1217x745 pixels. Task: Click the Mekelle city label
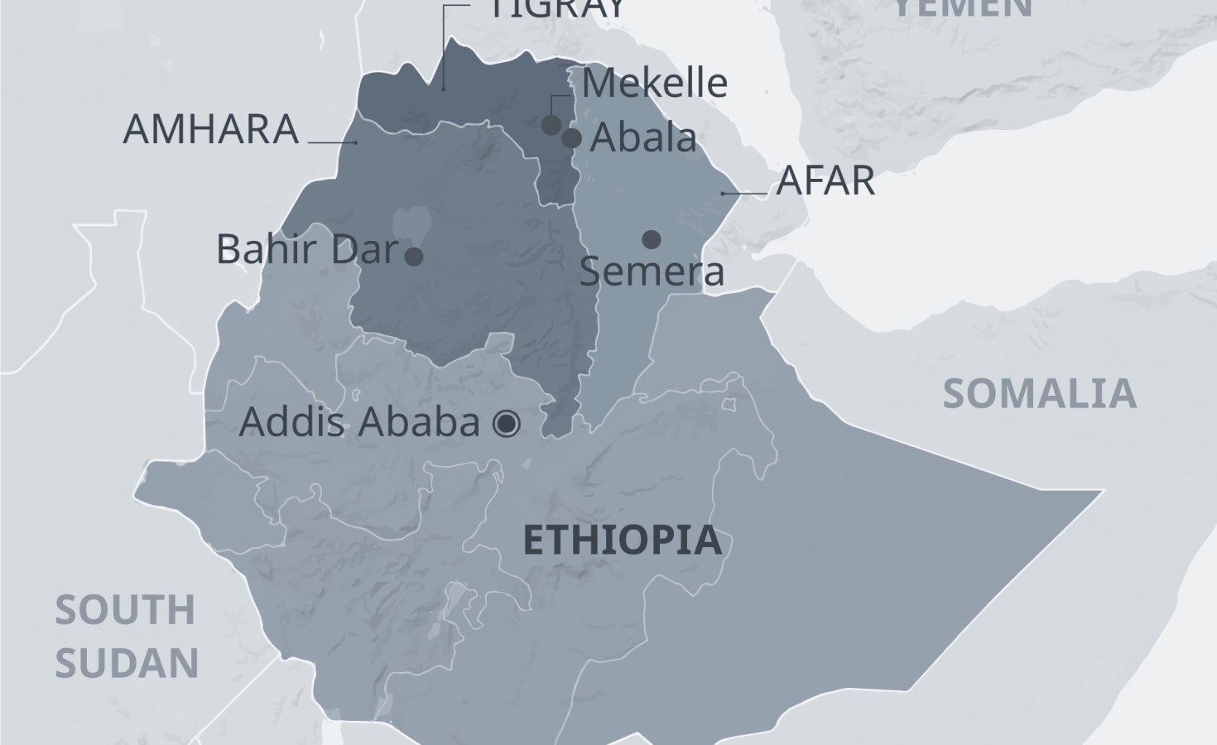click(x=654, y=83)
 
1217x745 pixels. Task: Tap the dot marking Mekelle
click(x=551, y=125)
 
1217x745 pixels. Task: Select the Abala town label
click(x=642, y=137)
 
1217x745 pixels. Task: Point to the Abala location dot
click(x=572, y=138)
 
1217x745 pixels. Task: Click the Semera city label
click(x=652, y=272)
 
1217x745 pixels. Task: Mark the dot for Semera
click(x=652, y=240)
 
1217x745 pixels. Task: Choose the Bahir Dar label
click(x=307, y=249)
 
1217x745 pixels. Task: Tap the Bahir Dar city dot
click(x=414, y=257)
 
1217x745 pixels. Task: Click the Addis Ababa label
click(x=359, y=423)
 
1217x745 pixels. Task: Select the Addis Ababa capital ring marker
click(x=506, y=425)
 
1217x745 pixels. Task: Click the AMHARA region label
click(x=210, y=130)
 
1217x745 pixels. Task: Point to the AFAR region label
click(x=825, y=181)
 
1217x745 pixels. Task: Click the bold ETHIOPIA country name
click(x=623, y=541)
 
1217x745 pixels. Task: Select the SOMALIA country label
click(x=1039, y=394)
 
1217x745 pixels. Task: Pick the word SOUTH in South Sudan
click(x=125, y=611)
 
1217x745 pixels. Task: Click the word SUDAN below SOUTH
click(x=127, y=663)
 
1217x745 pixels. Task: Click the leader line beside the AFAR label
click(x=744, y=194)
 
